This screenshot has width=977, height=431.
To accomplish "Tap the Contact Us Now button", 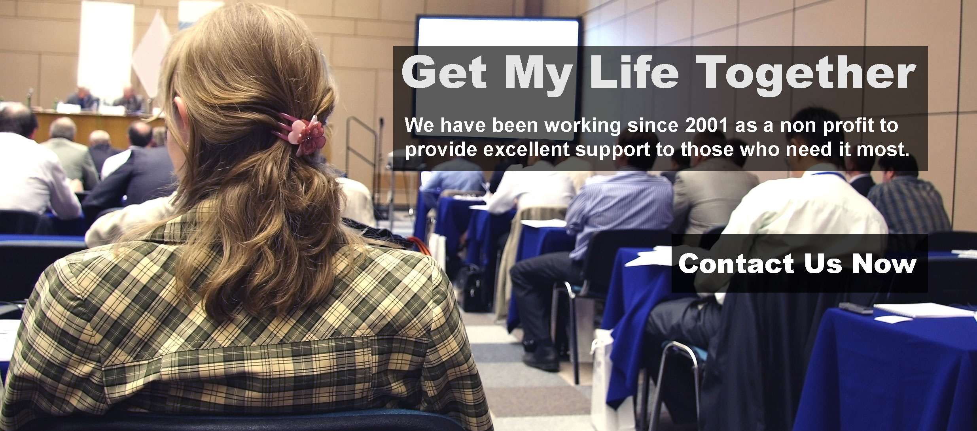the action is point(799,263).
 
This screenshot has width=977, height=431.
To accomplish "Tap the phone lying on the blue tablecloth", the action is point(856,307).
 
